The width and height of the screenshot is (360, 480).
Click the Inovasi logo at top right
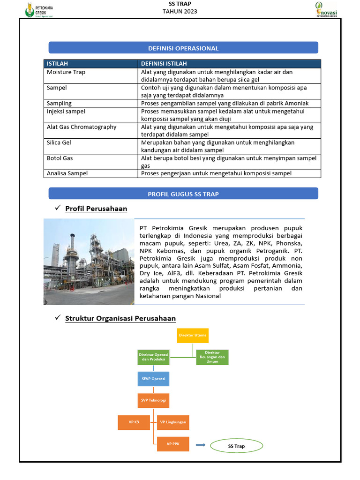(x=327, y=9)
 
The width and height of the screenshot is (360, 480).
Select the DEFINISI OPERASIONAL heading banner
(x=183, y=48)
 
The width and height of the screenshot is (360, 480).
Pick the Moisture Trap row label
(x=66, y=72)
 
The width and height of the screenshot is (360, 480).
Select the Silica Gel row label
(x=59, y=142)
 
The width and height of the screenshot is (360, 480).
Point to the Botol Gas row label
(x=60, y=158)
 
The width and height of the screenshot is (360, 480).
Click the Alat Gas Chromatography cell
(x=82, y=127)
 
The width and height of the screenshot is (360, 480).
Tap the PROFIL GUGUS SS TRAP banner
(x=183, y=194)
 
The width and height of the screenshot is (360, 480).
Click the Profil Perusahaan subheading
(x=96, y=209)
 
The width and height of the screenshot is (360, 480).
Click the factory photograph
(x=89, y=262)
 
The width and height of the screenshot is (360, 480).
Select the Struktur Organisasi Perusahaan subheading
(x=120, y=318)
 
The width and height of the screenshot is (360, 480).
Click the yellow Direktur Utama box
(x=192, y=335)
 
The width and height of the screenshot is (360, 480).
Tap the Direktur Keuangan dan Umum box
(x=212, y=357)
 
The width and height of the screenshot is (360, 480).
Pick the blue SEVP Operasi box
(x=153, y=379)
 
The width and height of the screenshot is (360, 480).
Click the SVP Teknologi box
(x=153, y=400)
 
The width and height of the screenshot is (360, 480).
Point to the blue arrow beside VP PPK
(x=200, y=445)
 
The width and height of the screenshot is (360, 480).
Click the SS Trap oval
(x=236, y=446)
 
